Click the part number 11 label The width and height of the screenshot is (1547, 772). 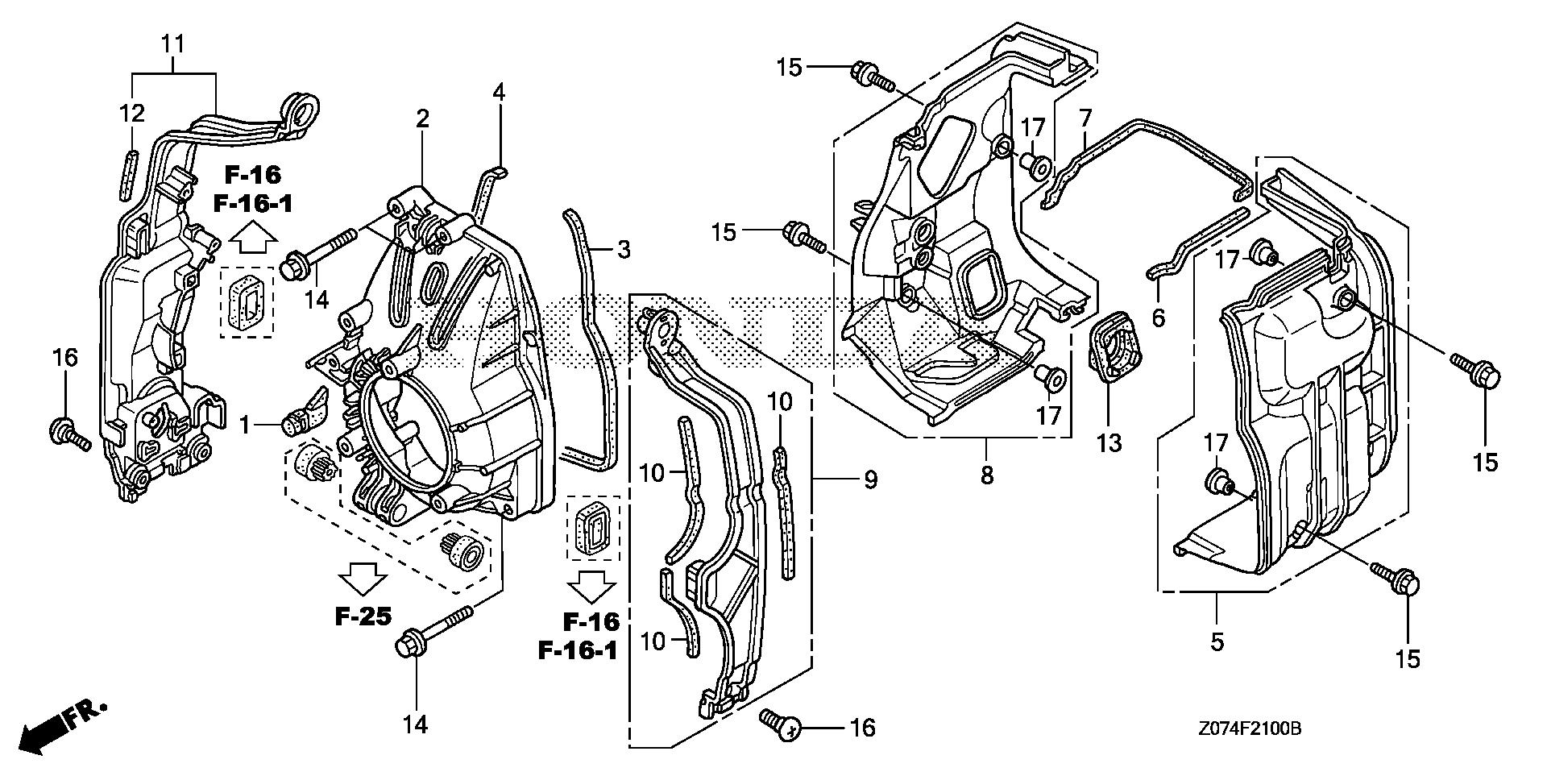click(x=174, y=44)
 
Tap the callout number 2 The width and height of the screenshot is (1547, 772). click(x=422, y=119)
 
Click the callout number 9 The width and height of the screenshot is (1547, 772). click(x=870, y=480)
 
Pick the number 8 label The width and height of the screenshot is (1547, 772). click(x=987, y=475)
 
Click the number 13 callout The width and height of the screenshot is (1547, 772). click(x=1109, y=442)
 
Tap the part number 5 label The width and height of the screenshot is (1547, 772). click(x=1217, y=642)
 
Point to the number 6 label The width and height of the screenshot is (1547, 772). click(x=1158, y=318)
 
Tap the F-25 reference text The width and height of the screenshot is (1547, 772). click(x=364, y=617)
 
